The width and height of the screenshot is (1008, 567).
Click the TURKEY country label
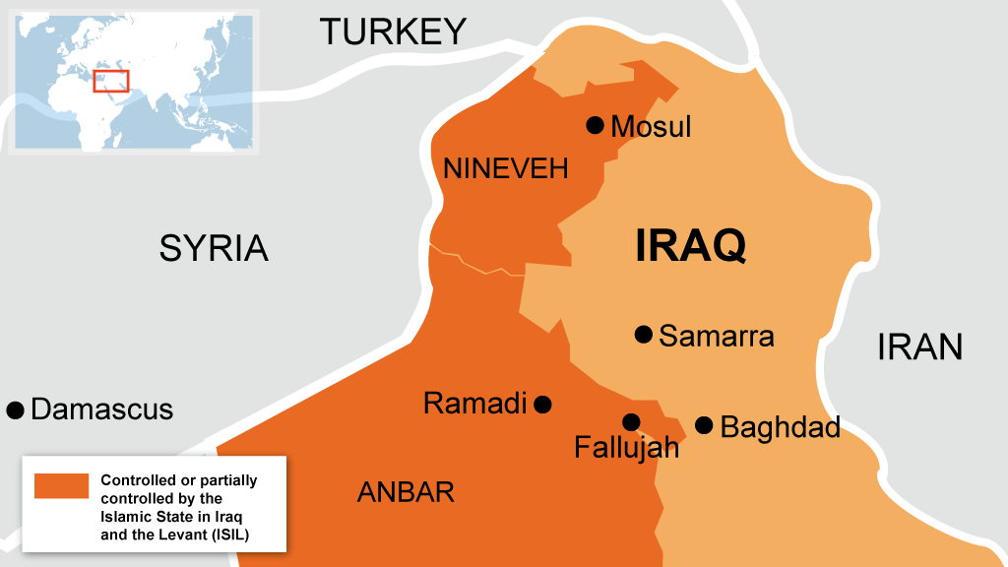(x=393, y=32)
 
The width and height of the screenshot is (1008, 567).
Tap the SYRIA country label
(x=214, y=248)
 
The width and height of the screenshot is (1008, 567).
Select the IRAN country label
(x=919, y=346)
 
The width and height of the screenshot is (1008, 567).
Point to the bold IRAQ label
(x=690, y=245)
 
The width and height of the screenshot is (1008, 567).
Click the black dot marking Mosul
(x=595, y=125)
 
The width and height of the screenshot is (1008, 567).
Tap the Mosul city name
(x=651, y=127)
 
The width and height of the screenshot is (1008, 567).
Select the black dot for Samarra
(x=644, y=335)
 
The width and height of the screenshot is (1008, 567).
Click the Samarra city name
(x=717, y=337)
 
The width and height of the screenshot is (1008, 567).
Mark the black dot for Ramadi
(x=542, y=404)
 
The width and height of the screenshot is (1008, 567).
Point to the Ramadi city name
(x=474, y=404)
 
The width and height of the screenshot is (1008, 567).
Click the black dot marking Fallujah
(x=631, y=422)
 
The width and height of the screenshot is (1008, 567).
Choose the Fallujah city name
(x=627, y=449)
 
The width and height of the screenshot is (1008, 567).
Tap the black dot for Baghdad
(x=704, y=425)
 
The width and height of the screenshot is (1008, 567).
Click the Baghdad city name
(x=781, y=428)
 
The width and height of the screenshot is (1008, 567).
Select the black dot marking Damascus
(x=15, y=409)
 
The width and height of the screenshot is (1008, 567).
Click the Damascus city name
(x=102, y=409)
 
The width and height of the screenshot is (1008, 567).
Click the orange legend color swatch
(x=62, y=486)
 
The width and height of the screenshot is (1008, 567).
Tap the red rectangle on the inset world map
(x=111, y=81)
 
